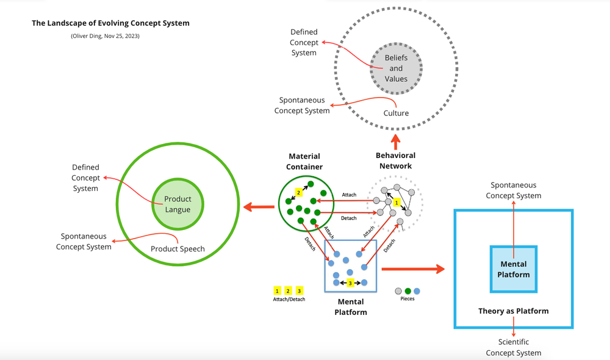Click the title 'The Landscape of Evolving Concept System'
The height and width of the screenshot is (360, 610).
(110, 23)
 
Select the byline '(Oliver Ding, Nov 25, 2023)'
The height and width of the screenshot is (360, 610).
(105, 36)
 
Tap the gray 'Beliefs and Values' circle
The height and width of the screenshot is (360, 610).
(396, 68)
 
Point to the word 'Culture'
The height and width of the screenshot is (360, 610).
(396, 113)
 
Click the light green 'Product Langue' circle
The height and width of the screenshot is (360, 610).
(178, 204)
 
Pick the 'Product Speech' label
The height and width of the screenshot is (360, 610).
(178, 248)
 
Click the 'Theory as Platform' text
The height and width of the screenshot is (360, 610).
(513, 311)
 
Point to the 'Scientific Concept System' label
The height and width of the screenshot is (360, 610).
(513, 348)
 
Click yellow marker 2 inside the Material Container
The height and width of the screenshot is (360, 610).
(298, 192)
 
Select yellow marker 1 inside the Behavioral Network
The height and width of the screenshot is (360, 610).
(396, 201)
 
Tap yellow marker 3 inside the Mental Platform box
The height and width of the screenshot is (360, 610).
(350, 283)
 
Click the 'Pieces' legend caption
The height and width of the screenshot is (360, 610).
(407, 299)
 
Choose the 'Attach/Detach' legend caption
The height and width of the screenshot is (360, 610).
(289, 299)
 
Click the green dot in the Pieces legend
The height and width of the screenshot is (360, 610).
(407, 290)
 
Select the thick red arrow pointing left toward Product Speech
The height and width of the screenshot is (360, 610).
(259, 207)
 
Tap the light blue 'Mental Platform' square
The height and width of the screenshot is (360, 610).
(513, 269)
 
